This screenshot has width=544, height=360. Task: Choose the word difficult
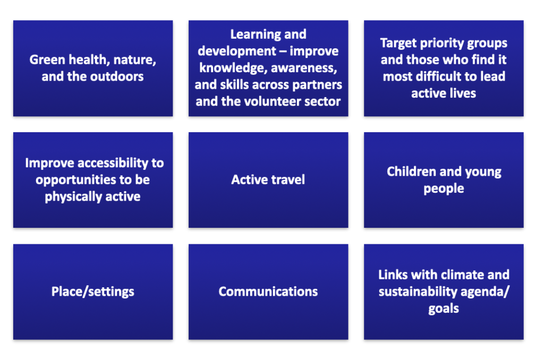coord(448,76)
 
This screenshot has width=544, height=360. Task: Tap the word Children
coord(409,172)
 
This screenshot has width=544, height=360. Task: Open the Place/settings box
coord(93,292)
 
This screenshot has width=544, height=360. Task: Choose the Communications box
coord(268,292)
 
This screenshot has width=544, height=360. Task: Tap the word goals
coord(444,308)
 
